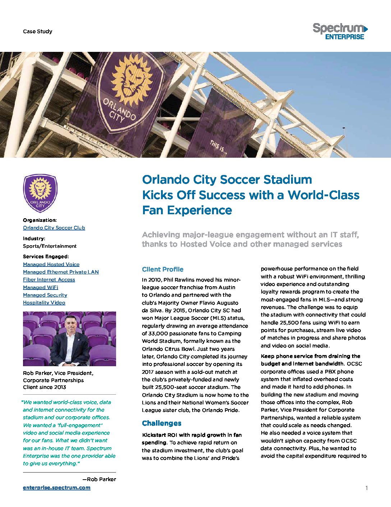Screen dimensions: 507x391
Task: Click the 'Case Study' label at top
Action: pyautogui.click(x=37, y=31)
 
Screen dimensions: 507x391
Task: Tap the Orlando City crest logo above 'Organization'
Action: pyautogui.click(x=40, y=193)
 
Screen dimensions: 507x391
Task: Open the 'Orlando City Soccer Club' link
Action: pyautogui.click(x=54, y=228)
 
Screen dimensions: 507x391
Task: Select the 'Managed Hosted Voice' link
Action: pyautogui.click(x=51, y=264)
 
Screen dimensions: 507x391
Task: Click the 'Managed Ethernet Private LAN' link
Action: pyautogui.click(x=61, y=272)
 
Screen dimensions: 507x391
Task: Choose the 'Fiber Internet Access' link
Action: pyautogui.click(x=49, y=279)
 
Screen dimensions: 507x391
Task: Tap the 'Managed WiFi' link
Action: pyautogui.click(x=41, y=287)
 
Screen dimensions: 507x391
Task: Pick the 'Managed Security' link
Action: pyautogui.click(x=45, y=295)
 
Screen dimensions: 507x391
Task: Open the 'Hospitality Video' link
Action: pyautogui.click(x=44, y=302)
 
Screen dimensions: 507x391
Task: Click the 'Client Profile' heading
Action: pyautogui.click(x=162, y=269)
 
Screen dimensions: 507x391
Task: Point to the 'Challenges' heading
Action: pyautogui.click(x=161, y=423)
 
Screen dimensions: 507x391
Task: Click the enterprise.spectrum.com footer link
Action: pyautogui.click(x=57, y=488)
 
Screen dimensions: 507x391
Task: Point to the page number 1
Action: pyautogui.click(x=366, y=488)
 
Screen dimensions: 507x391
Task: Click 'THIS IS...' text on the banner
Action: pyautogui.click(x=218, y=147)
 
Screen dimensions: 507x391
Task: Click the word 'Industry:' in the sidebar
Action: pyautogui.click(x=34, y=238)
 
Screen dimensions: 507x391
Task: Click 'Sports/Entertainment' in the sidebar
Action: pyautogui.click(x=50, y=246)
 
